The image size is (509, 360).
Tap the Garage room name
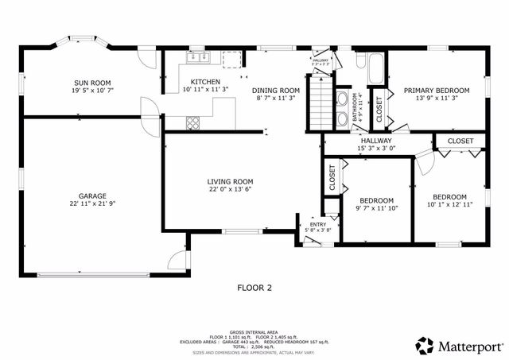click(x=92, y=195)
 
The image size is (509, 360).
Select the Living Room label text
click(x=231, y=181)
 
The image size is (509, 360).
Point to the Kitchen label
click(x=205, y=82)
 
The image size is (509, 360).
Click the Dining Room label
click(x=276, y=91)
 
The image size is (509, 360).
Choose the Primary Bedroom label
click(x=437, y=91)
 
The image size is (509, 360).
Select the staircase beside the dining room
click(x=318, y=104)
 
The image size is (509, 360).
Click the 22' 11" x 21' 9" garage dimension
click(x=92, y=204)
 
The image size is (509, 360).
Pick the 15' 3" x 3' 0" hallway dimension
click(x=377, y=148)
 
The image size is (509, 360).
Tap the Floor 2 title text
click(x=254, y=288)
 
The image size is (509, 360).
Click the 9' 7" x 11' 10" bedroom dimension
click(x=376, y=209)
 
